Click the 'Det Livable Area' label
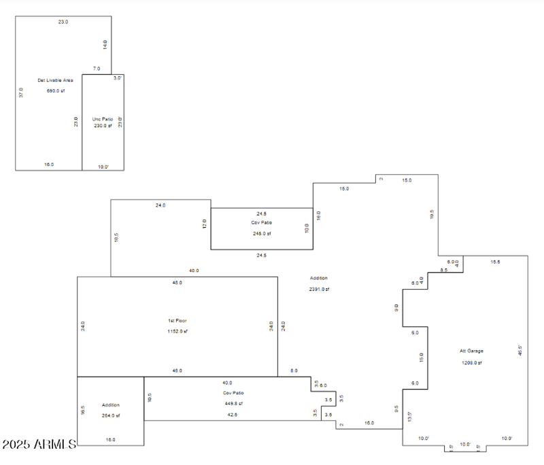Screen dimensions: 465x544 tap(55, 80)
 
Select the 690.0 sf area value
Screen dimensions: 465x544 tap(55, 90)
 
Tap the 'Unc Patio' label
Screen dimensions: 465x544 tap(103, 119)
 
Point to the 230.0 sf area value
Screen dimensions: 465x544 tap(103, 126)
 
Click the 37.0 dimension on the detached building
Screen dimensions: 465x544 tap(21, 93)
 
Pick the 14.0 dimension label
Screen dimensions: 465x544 tap(105, 45)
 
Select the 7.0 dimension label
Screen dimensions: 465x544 tap(96, 69)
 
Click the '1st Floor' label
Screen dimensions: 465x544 tap(177, 321)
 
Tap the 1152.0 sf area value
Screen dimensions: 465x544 tap(177, 331)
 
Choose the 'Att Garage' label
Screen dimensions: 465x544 tap(471, 351)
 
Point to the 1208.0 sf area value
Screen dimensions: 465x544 tap(471, 362)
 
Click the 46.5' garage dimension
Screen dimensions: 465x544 tap(521, 350)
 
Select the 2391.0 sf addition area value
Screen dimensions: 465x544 tap(318, 289)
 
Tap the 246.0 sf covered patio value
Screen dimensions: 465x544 tap(262, 233)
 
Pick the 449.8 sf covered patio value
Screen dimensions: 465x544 tap(233, 403)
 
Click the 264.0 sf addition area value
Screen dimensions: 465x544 tap(110, 415)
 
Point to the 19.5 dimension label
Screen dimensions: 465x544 tap(432, 213)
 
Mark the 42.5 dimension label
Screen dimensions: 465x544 tap(233, 414)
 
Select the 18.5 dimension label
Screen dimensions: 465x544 tap(116, 238)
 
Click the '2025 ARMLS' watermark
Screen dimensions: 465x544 tap(39, 445)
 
